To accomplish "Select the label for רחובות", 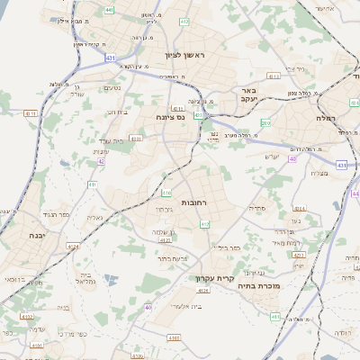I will [x=194, y=204].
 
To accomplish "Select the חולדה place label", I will [x=341, y=333].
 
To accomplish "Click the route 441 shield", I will [x=109, y=10].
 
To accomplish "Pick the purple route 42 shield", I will [x=102, y=162].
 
